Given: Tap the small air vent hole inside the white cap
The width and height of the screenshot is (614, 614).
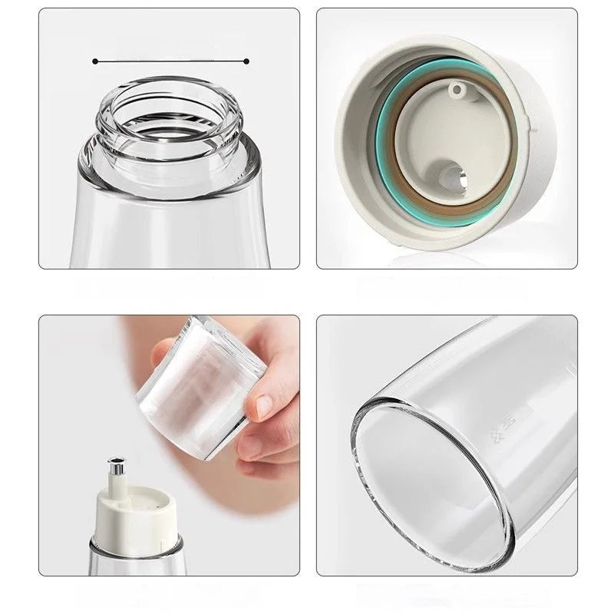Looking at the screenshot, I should [459, 91].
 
